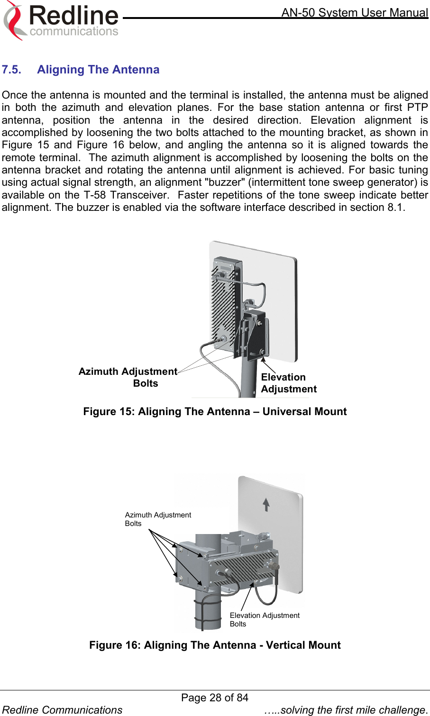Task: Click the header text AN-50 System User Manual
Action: point(355,12)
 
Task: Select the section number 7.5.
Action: point(11,70)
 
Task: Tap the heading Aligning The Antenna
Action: point(98,70)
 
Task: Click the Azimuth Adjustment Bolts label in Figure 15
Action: point(128,377)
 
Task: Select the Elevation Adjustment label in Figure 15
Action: point(288,383)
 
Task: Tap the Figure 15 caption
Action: point(215,411)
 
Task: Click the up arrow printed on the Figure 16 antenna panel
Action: point(266,504)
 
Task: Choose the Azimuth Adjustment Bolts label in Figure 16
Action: point(157,519)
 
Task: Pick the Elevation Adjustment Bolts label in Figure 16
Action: point(264,619)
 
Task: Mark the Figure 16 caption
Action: point(215,645)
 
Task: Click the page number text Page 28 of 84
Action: point(215,698)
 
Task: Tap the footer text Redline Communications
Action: point(63,710)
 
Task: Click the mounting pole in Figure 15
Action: point(248,379)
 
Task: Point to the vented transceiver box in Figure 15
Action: point(224,303)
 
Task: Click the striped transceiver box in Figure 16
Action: point(242,566)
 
